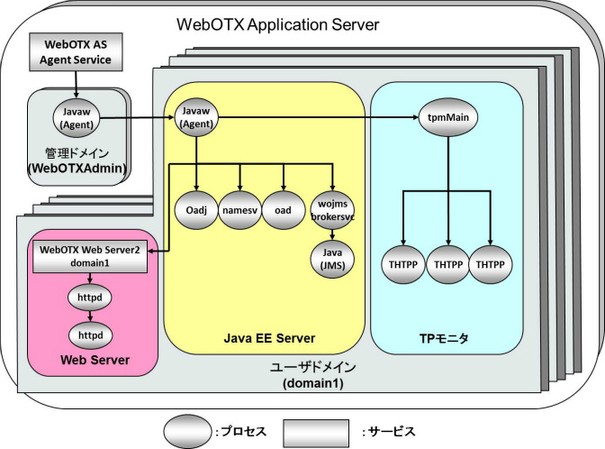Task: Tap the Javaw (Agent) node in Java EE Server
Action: pos(195,117)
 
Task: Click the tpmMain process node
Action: pos(447,117)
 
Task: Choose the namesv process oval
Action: pos(239,210)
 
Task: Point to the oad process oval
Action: pos(284,210)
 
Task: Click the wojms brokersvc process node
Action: pos(332,210)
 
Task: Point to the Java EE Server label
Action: pos(269,339)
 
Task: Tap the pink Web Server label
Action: pos(88,361)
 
